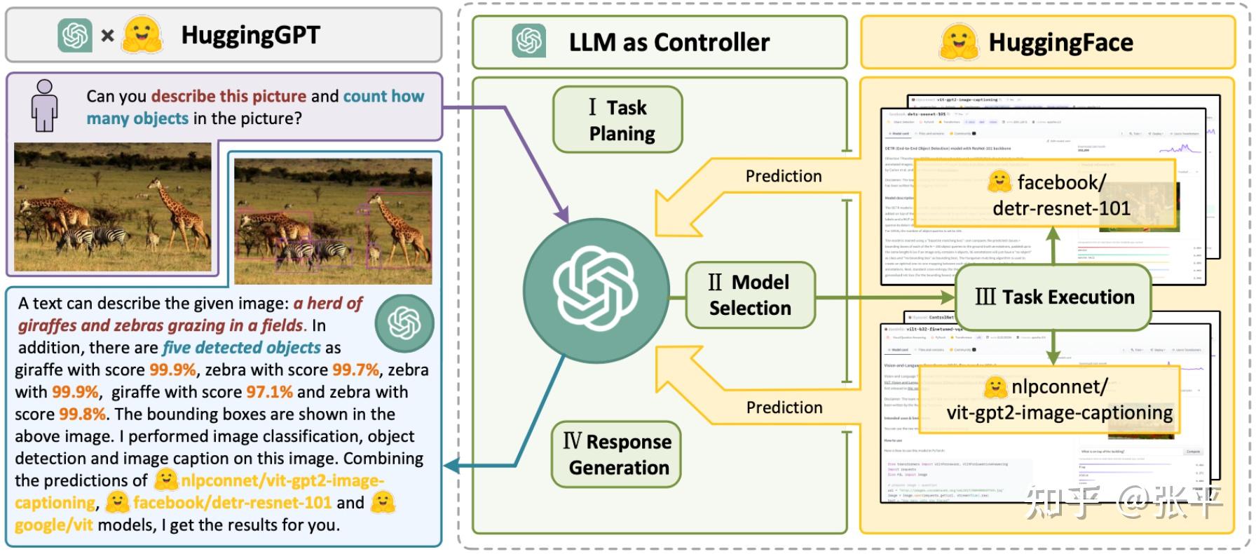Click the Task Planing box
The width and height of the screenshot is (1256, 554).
pyautogui.click(x=617, y=120)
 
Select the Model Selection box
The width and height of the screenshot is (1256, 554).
pyautogui.click(x=750, y=295)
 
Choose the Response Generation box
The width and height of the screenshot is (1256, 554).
pyautogui.click(x=617, y=454)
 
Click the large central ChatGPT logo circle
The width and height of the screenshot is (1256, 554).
pyautogui.click(x=596, y=289)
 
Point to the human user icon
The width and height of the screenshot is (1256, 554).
pyautogui.click(x=44, y=105)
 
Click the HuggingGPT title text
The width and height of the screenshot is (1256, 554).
pyautogui.click(x=250, y=35)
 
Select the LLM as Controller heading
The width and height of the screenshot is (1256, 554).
pyautogui.click(x=669, y=43)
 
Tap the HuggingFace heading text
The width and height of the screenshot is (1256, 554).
pyautogui.click(x=1060, y=43)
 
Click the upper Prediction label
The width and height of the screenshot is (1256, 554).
pyautogui.click(x=784, y=177)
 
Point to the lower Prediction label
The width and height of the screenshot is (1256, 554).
pyautogui.click(x=784, y=407)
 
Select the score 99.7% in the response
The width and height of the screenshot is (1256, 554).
pyautogui.click(x=355, y=370)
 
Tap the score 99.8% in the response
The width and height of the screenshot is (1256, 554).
pyautogui.click(x=83, y=414)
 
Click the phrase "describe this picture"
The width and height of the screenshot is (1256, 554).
pyautogui.click(x=228, y=96)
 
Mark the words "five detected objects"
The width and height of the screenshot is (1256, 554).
pyautogui.click(x=242, y=348)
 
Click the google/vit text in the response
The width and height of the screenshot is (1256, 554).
pyautogui.click(x=53, y=525)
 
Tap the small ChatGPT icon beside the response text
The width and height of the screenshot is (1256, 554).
pyautogui.click(x=404, y=323)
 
